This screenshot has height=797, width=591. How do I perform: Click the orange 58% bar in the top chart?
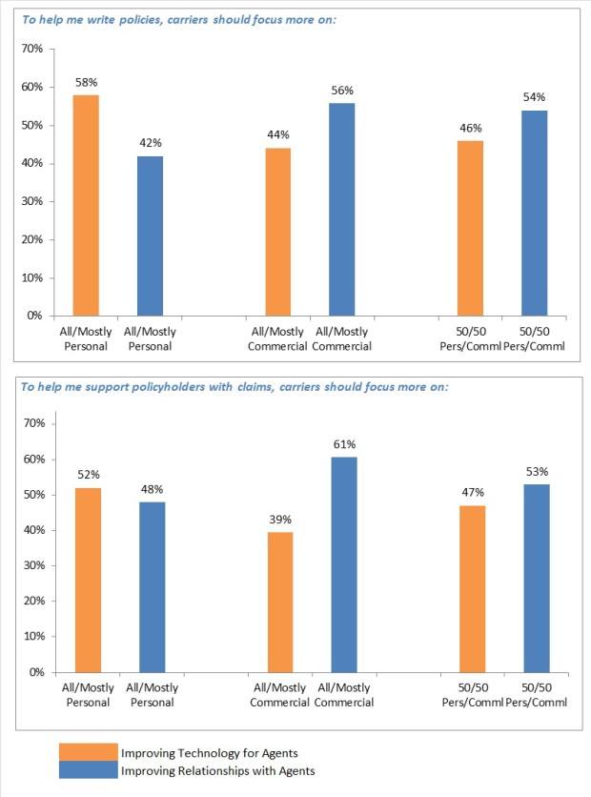point(86,205)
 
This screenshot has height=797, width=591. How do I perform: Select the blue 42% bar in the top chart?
point(150,235)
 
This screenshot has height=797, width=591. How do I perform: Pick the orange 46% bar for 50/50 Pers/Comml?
point(470,228)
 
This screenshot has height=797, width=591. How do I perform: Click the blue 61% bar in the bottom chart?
point(344,564)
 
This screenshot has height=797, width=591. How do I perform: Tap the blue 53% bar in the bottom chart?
point(536,578)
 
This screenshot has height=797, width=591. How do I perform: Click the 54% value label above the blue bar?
point(535,97)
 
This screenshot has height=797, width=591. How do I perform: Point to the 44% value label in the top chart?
point(277,135)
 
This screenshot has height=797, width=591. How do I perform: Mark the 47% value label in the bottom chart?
point(473,492)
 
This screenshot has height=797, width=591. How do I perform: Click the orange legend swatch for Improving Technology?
point(89,753)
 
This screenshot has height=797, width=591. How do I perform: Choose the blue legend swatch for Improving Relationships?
point(89,770)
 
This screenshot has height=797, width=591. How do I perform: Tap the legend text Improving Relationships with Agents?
point(217,771)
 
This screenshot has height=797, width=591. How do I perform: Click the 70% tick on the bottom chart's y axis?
point(37,423)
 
